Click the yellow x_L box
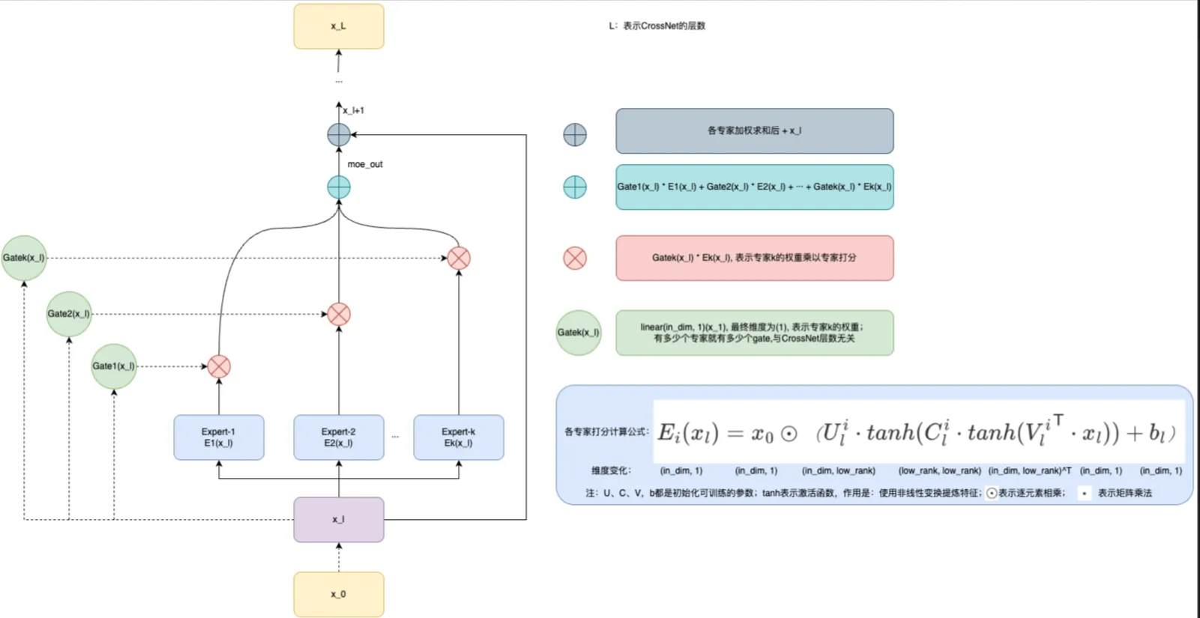pyautogui.click(x=338, y=26)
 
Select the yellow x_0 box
pyautogui.click(x=338, y=594)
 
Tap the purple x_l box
pyautogui.click(x=338, y=519)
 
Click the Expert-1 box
pyautogui.click(x=218, y=437)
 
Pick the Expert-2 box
pyautogui.click(x=338, y=437)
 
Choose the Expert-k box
pyautogui.click(x=458, y=437)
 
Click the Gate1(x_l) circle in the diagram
pyautogui.click(x=113, y=366)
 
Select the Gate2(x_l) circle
pyautogui.click(x=68, y=314)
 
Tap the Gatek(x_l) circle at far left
pyautogui.click(x=23, y=258)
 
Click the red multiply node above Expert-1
pyautogui.click(x=219, y=366)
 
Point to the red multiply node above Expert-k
pyautogui.click(x=459, y=258)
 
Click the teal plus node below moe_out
pyautogui.click(x=339, y=187)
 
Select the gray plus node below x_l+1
pyautogui.click(x=339, y=135)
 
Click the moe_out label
pyautogui.click(x=365, y=164)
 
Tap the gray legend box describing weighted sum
pyautogui.click(x=754, y=131)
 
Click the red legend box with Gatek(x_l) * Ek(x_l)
pyautogui.click(x=754, y=258)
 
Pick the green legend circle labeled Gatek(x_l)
pyautogui.click(x=578, y=333)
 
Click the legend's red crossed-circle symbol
pyautogui.click(x=575, y=258)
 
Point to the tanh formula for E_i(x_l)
pyautogui.click(x=917, y=433)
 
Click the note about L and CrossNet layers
pyautogui.click(x=657, y=25)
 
